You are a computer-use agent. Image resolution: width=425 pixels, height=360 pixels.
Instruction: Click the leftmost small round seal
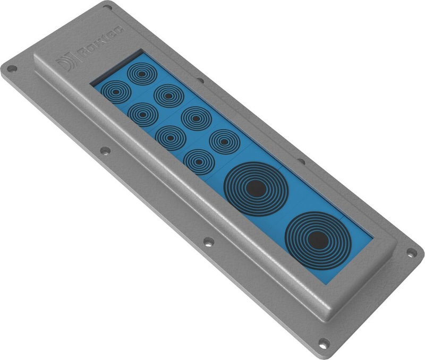(x=115, y=91)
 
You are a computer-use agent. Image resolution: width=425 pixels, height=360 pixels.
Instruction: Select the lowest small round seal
(x=198, y=160)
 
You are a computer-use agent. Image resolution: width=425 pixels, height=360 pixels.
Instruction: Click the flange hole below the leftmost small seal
(x=105, y=150)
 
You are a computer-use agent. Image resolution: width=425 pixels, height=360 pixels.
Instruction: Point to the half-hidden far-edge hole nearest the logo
(x=201, y=81)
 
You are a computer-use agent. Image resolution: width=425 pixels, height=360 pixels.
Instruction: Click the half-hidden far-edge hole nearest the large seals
(x=301, y=161)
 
